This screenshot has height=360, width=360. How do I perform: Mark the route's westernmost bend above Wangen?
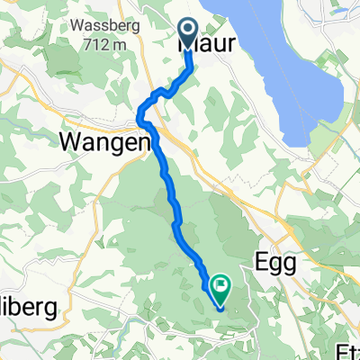coord(139,112)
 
